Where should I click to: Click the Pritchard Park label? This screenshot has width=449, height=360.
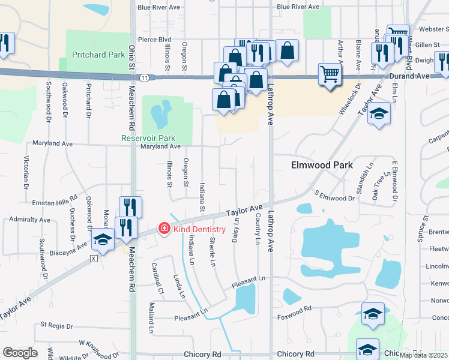(x=98, y=55)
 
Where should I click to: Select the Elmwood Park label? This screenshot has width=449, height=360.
(x=321, y=165)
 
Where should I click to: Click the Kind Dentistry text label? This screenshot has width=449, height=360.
(x=199, y=229)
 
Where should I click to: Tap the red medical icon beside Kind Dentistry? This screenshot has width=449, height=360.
(x=163, y=229)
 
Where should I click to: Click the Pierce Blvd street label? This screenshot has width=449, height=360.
(x=154, y=40)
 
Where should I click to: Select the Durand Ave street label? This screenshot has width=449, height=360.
(x=414, y=76)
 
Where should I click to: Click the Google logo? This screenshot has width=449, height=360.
(x=20, y=353)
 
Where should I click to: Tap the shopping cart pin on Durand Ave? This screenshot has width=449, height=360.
(x=330, y=75)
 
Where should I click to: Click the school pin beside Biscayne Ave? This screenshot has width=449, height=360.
(x=103, y=241)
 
